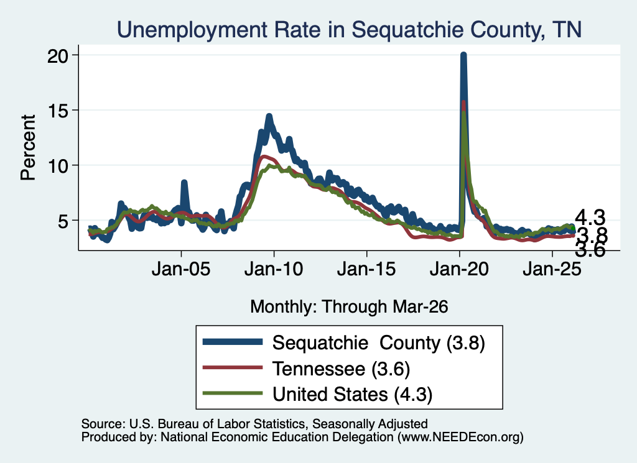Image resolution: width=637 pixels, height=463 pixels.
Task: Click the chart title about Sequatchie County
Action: pyautogui.click(x=350, y=30)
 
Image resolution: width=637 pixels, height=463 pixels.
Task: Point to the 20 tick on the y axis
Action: pyautogui.click(x=58, y=55)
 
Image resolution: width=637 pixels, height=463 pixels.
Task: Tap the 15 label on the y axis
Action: pyautogui.click(x=58, y=111)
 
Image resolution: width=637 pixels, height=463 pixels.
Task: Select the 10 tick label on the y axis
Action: pyautogui.click(x=58, y=166)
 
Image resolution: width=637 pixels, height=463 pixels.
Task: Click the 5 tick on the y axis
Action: pyautogui.click(x=64, y=221)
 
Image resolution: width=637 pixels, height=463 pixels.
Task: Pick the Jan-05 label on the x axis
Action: pyautogui.click(x=181, y=268)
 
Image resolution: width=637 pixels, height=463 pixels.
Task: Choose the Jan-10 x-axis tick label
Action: pyautogui.click(x=274, y=268)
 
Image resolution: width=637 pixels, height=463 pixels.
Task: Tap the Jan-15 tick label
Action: pyautogui.click(x=366, y=268)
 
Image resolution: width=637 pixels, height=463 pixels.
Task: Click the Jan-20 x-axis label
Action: pyautogui.click(x=460, y=268)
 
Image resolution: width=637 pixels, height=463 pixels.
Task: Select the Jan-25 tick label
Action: pyautogui.click(x=552, y=268)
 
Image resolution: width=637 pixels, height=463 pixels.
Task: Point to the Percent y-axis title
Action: pyautogui.click(x=29, y=147)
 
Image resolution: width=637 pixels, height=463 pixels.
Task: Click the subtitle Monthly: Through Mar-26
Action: pyautogui.click(x=349, y=307)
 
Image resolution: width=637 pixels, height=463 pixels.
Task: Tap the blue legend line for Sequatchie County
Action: pyautogui.click(x=233, y=342)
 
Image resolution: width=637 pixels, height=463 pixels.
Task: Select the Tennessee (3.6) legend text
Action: pyautogui.click(x=342, y=369)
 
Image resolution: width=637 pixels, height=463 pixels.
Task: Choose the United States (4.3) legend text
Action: pyautogui.click(x=353, y=395)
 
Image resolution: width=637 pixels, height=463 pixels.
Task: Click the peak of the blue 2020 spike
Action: pyautogui.click(x=463, y=54)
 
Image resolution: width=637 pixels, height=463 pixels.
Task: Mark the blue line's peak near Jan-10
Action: pyautogui.click(x=269, y=116)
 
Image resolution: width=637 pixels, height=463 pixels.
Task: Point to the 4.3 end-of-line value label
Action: pyautogui.click(x=590, y=218)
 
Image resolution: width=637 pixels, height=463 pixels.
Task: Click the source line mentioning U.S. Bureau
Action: pyautogui.click(x=254, y=424)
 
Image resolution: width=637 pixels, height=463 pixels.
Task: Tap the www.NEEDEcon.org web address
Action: pyautogui.click(x=460, y=437)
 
